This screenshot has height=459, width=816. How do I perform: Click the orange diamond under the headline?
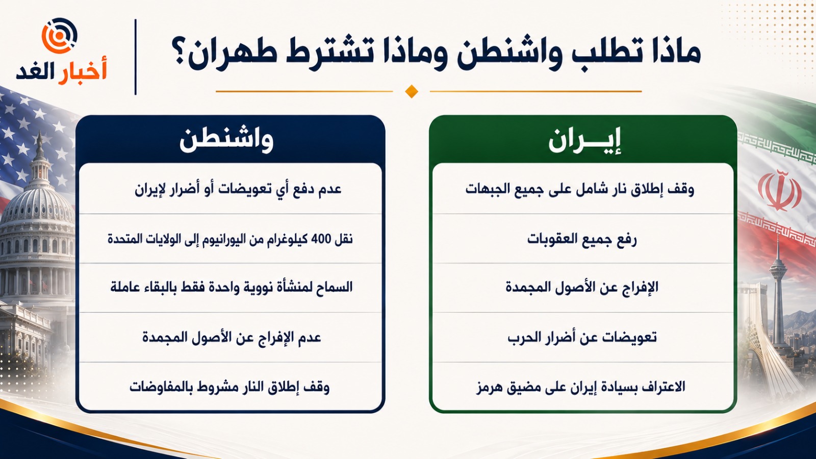tap(411, 91)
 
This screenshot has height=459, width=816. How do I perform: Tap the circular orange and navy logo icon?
tap(60, 36)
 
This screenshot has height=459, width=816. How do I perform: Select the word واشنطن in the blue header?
tap(226, 140)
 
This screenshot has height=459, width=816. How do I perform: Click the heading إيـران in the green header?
tap(584, 140)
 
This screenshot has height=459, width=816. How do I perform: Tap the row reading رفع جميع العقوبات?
tap(582, 239)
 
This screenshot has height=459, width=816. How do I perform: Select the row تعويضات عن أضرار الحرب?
tap(582, 337)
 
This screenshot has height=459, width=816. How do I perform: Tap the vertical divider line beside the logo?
tap(136, 57)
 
